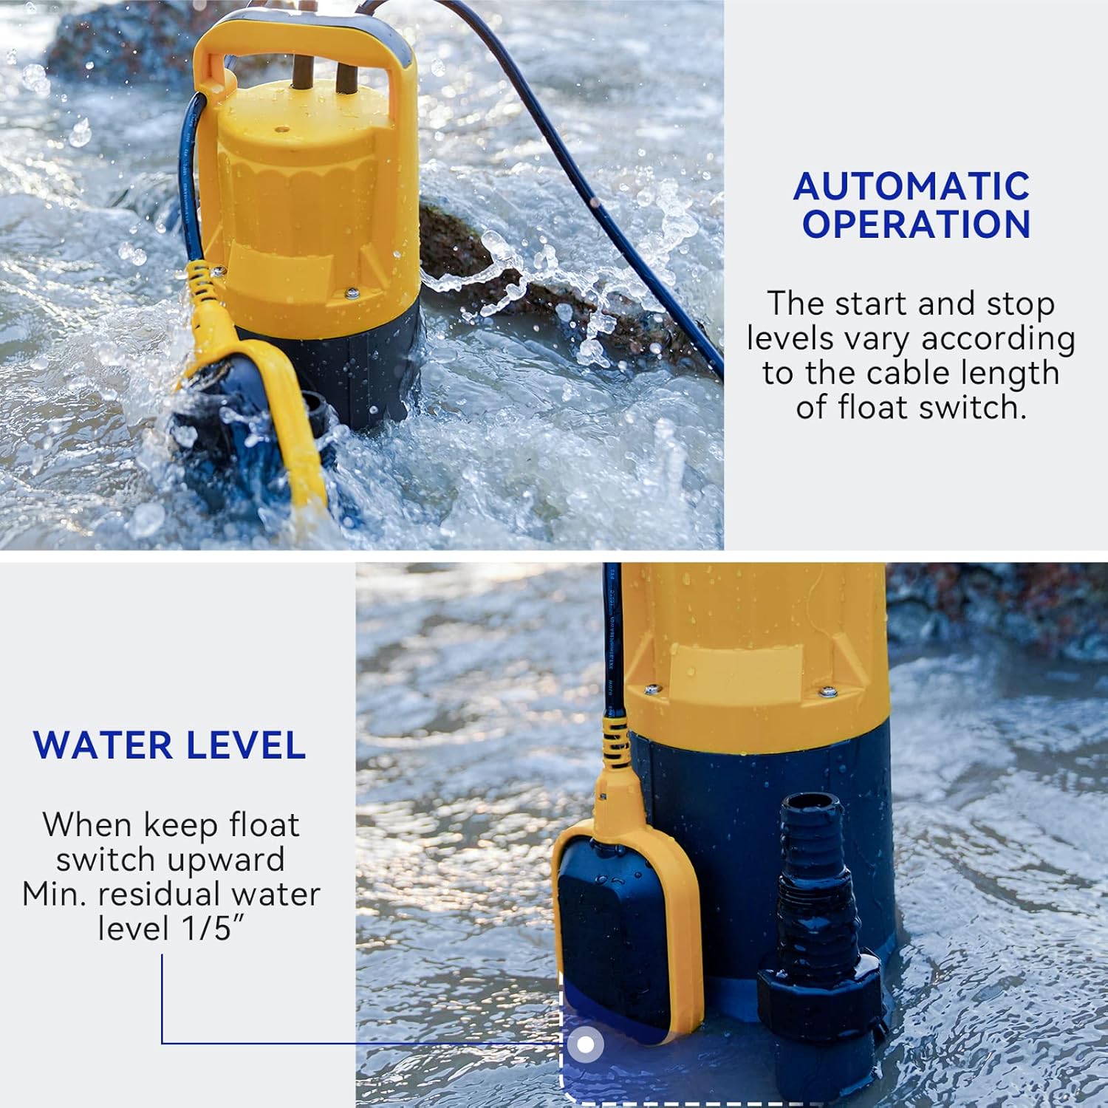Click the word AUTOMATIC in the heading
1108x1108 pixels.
(912, 186)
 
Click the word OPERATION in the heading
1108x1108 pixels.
(917, 225)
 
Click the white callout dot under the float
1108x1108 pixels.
(586, 1044)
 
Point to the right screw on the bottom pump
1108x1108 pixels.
(828, 692)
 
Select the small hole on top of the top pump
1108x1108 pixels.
(281, 129)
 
